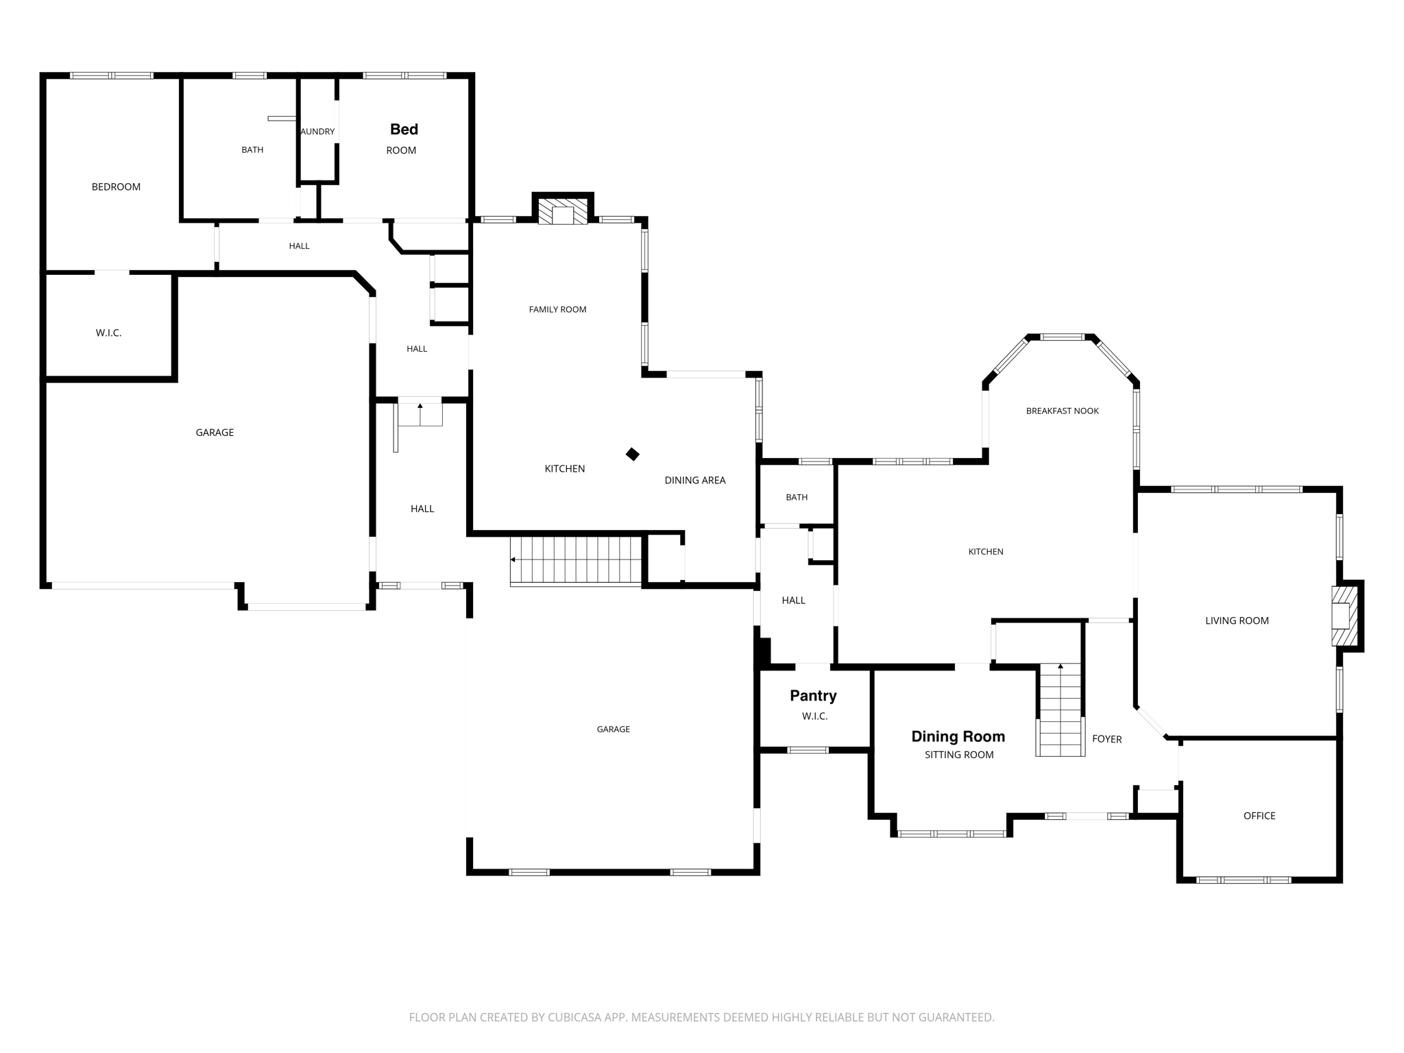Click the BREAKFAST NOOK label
(1062, 411)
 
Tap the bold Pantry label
(813, 696)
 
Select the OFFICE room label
(1259, 816)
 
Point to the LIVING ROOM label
(1237, 621)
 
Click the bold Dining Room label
(958, 737)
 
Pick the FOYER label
(1106, 740)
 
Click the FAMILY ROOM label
(557, 310)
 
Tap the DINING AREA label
(694, 481)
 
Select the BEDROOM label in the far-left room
(116, 187)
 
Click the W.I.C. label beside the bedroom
(108, 333)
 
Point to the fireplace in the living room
(1344, 616)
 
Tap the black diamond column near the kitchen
(633, 455)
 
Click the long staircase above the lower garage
(577, 560)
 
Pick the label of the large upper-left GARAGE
(215, 433)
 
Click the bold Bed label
(404, 130)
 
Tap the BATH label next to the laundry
(252, 150)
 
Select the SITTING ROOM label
(958, 755)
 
